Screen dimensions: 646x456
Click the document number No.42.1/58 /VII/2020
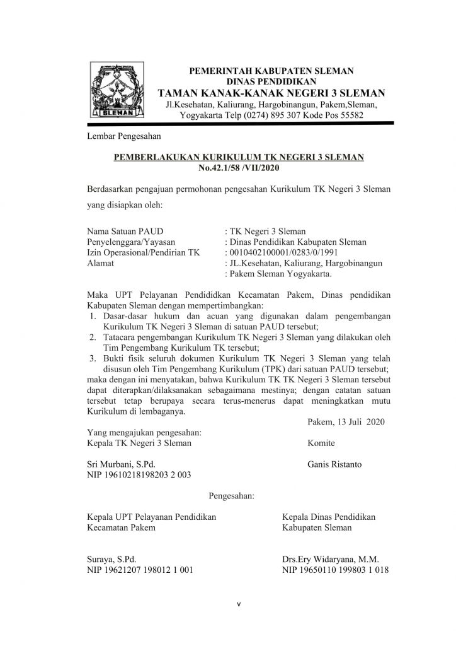click(x=238, y=168)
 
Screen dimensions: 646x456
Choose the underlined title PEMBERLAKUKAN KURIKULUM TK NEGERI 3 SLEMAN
click(x=238, y=157)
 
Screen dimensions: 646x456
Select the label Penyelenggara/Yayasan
click(x=130, y=242)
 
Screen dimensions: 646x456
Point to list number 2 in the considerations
click(x=92, y=337)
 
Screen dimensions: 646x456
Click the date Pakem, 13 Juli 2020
click(x=346, y=421)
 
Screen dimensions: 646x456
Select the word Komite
click(x=322, y=443)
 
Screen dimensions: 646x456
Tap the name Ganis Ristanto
click(x=335, y=465)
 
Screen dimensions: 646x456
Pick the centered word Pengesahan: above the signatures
click(x=231, y=496)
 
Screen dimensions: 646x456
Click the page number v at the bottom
click(x=239, y=604)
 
